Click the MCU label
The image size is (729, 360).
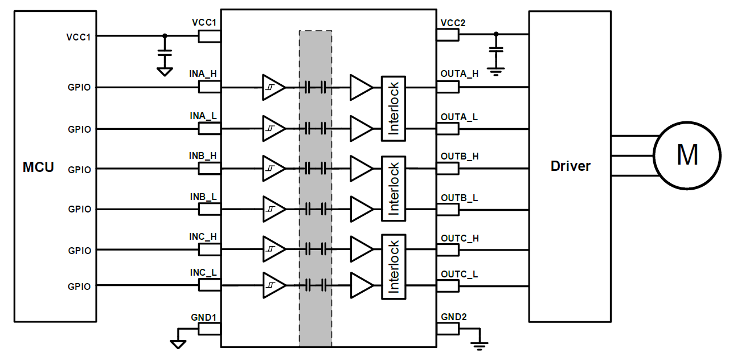38,167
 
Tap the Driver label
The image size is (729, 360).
570,166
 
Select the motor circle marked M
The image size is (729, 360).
687,154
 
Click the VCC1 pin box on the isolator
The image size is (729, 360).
209,36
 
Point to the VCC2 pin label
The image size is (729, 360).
453,23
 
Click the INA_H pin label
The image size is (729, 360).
203,74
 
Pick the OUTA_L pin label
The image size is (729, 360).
459,117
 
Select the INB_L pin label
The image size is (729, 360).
203,197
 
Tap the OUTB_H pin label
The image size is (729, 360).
459,156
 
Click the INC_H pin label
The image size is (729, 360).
203,236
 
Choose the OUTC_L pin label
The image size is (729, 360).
459,274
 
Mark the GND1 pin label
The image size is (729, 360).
204,317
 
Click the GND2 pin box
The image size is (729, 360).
448,329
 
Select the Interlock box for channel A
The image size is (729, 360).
394,108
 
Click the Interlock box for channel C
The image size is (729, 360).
394,267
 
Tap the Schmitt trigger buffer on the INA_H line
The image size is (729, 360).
273,87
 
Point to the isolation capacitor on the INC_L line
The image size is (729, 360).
315,285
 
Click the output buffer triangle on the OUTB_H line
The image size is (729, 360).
361,169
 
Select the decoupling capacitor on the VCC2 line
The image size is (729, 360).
496,52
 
